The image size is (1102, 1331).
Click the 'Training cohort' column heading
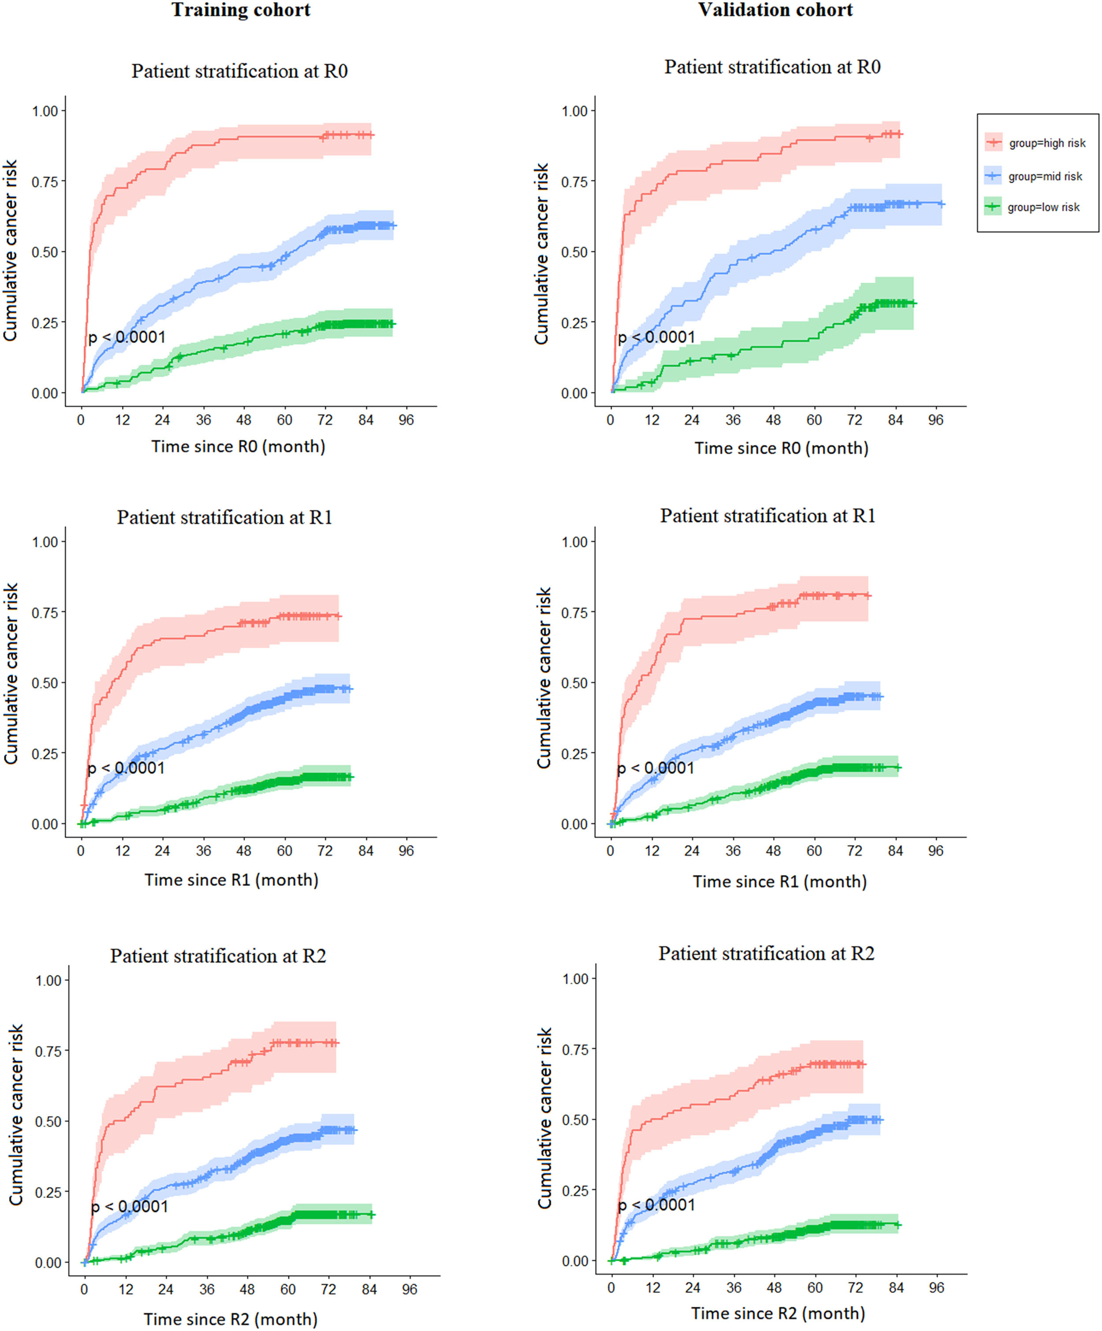click(241, 10)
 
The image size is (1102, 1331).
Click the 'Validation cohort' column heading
click(775, 10)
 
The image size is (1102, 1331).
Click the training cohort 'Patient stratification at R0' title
click(240, 71)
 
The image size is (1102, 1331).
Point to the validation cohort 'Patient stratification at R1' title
click(768, 516)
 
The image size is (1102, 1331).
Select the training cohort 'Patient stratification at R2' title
click(218, 956)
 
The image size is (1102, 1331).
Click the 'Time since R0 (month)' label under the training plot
click(238, 446)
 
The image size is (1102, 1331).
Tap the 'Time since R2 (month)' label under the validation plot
click(778, 1313)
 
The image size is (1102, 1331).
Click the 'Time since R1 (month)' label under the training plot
click(231, 880)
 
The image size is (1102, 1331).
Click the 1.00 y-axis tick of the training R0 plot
click(45, 111)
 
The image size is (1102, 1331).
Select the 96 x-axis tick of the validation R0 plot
click(936, 419)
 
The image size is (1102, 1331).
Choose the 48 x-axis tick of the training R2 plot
click(247, 1289)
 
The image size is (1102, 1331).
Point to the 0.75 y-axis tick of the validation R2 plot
click(575, 1049)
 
